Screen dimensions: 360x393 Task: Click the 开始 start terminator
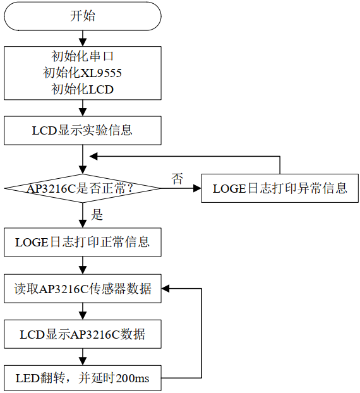pyautogui.click(x=83, y=16)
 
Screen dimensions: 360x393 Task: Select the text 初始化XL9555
pyautogui.click(x=82, y=73)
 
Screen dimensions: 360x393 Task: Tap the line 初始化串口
pyautogui.click(x=83, y=56)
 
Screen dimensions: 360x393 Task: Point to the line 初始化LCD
pyautogui.click(x=83, y=89)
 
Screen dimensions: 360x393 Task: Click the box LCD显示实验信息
pyautogui.click(x=83, y=130)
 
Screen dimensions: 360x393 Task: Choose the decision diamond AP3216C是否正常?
pyautogui.click(x=83, y=188)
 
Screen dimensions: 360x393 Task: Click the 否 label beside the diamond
pyautogui.click(x=177, y=179)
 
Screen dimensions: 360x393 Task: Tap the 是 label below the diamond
pyautogui.click(x=97, y=215)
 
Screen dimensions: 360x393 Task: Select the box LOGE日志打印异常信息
pyautogui.click(x=280, y=188)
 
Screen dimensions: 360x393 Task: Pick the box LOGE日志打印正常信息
pyautogui.click(x=83, y=242)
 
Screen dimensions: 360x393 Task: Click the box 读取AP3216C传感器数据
pyautogui.click(x=83, y=289)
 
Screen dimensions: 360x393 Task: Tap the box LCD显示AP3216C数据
pyautogui.click(x=83, y=334)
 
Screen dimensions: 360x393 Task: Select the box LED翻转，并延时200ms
pyautogui.click(x=83, y=378)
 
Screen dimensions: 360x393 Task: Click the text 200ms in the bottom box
pyautogui.click(x=133, y=378)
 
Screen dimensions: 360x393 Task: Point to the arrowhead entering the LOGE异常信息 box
pyautogui.click(x=198, y=188)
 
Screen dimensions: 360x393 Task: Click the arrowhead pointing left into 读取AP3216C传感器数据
pyautogui.click(x=165, y=289)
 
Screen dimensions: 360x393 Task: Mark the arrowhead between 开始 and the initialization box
pyautogui.click(x=83, y=42)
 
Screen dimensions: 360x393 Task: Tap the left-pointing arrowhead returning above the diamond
pyautogui.click(x=93, y=157)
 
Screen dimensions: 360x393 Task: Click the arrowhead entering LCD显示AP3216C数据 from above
pyautogui.click(x=83, y=315)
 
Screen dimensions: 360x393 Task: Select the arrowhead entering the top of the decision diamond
pyautogui.click(x=83, y=170)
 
